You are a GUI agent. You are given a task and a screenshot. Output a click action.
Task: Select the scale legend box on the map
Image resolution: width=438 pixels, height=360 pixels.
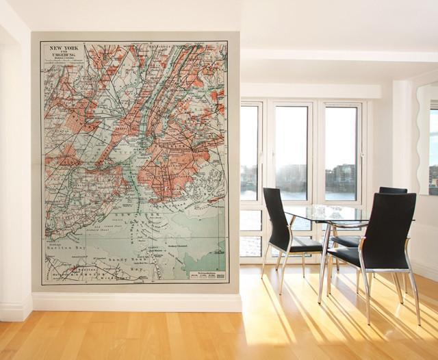(207, 275)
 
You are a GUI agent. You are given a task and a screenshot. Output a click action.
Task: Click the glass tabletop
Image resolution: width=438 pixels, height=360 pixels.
(328, 214)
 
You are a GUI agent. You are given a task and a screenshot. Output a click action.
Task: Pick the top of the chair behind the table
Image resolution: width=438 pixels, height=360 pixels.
(393, 190)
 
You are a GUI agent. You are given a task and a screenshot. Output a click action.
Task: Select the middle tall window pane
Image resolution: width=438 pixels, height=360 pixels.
(291, 153)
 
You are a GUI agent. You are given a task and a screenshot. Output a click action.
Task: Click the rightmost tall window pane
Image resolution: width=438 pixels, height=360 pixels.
(340, 153)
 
